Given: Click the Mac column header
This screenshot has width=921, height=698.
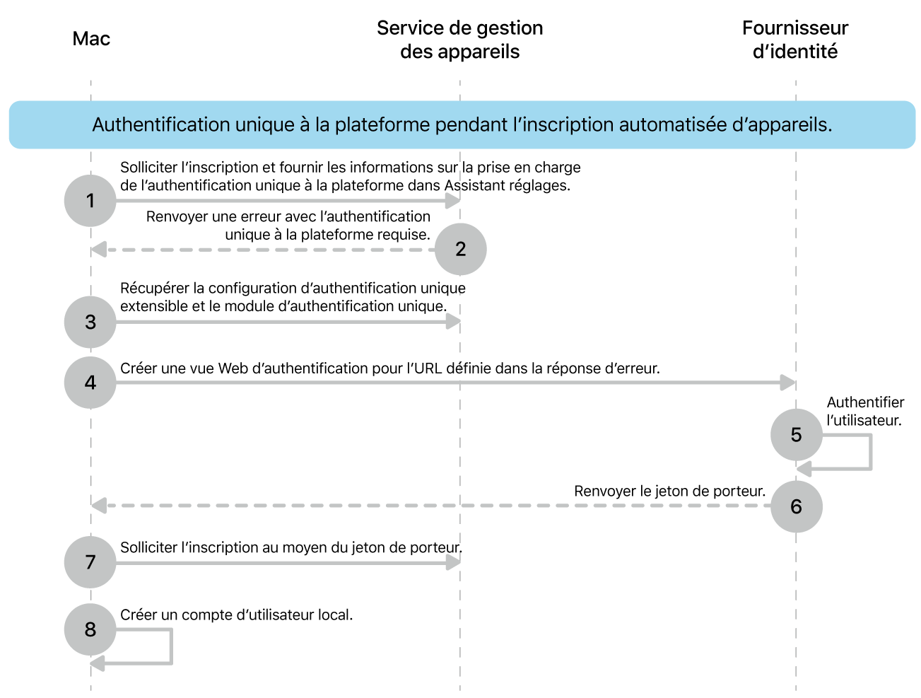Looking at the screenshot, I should [91, 39].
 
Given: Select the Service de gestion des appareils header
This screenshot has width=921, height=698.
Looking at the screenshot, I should [459, 40].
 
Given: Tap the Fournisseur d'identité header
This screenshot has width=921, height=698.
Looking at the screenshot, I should [794, 40].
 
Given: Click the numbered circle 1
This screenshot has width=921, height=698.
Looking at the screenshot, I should [90, 201].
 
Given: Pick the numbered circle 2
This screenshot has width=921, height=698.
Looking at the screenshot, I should [461, 249].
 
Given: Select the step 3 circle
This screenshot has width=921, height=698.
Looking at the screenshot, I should [90, 322].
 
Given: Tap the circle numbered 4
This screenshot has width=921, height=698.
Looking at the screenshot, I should [90, 383].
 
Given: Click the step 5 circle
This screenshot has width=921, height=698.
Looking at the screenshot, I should [796, 435].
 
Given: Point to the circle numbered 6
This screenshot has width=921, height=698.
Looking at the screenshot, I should [796, 506].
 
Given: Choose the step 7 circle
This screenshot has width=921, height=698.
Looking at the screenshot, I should [90, 562].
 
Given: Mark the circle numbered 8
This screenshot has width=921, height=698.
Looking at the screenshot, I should [90, 629].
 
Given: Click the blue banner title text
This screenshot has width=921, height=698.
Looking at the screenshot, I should [462, 125].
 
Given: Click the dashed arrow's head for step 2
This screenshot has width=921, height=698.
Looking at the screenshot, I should [99, 250].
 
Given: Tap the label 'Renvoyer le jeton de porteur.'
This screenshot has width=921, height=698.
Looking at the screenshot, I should [669, 491].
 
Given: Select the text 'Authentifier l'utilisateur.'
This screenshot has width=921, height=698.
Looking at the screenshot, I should [865, 412].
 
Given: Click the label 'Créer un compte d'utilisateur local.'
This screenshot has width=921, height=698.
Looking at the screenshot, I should [236, 615].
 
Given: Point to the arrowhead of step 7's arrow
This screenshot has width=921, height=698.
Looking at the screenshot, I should [454, 562].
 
